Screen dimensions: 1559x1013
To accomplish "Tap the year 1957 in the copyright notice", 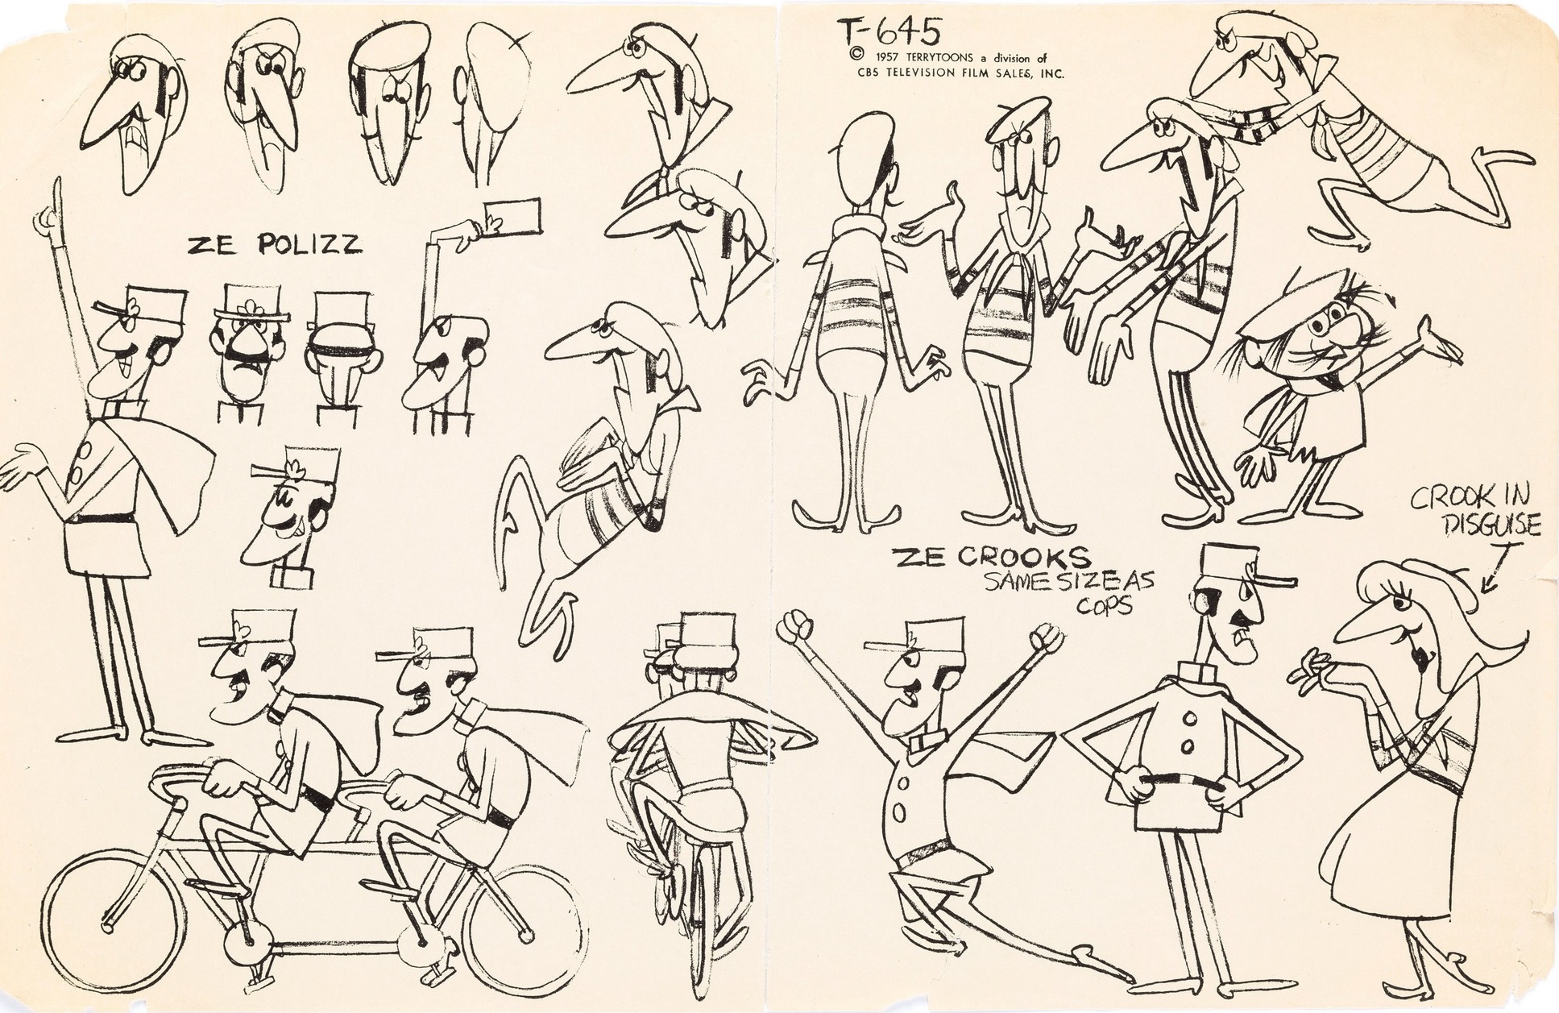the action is click(873, 57).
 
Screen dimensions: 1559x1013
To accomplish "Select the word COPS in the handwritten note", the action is click(1105, 604).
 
